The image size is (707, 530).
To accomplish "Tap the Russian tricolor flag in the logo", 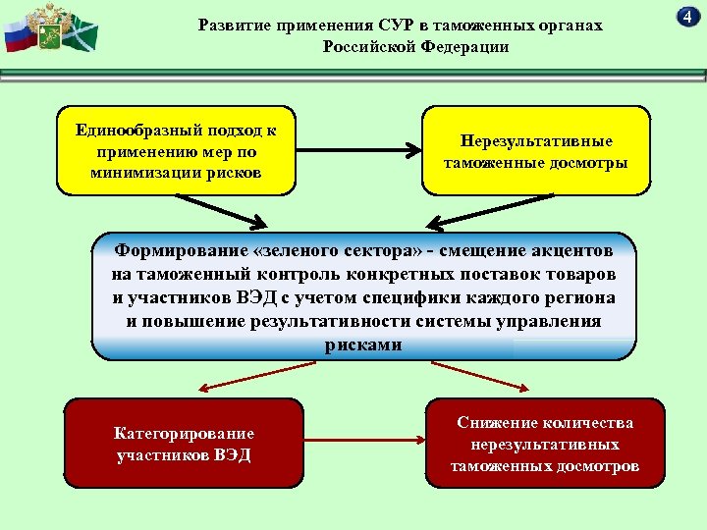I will click(x=17, y=37).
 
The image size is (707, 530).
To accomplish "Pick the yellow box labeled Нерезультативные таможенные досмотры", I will click(x=536, y=151).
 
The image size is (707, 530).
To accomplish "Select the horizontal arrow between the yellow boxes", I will click(x=357, y=151).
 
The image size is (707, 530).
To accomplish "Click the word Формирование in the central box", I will click(x=173, y=249).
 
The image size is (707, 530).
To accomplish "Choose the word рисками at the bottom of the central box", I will click(x=362, y=344).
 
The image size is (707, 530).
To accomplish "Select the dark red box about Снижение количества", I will click(x=545, y=444).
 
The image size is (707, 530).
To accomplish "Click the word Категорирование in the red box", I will click(x=184, y=433).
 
